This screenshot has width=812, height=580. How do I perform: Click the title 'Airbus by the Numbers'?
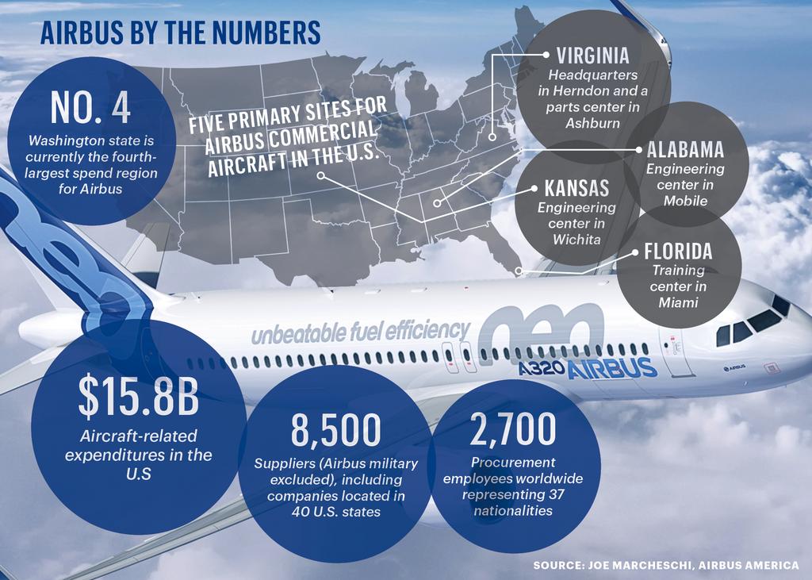[180, 33]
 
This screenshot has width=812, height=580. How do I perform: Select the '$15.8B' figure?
[138, 399]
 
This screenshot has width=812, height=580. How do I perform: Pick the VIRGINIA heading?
[592, 56]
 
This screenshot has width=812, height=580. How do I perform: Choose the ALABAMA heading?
[685, 150]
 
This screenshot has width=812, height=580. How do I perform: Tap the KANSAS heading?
[576, 188]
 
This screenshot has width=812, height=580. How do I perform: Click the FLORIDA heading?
[678, 252]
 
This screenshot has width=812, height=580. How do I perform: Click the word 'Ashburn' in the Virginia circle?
[593, 122]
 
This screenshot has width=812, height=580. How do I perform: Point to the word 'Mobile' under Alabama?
[685, 200]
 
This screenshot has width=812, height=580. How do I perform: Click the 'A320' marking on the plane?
[542, 369]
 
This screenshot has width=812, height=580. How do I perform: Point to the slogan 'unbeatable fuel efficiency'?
[361, 331]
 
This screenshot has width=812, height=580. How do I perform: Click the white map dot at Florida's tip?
[519, 271]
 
